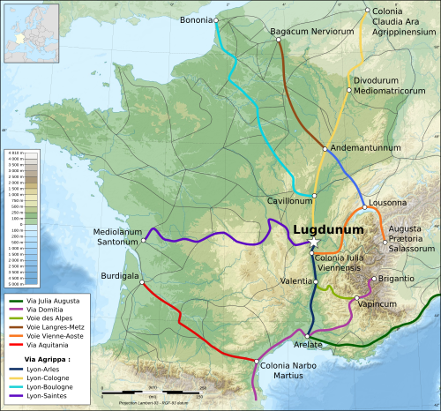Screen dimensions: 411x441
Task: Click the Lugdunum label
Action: pos(327,229)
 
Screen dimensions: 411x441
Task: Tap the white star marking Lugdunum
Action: pos(313,243)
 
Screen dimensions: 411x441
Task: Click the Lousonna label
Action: pos(387,202)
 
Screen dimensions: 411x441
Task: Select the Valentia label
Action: pos(295,281)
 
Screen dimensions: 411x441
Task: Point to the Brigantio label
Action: pos(397,278)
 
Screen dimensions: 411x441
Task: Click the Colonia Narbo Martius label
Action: pos(283,370)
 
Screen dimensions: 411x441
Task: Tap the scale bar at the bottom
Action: pos(150,391)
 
